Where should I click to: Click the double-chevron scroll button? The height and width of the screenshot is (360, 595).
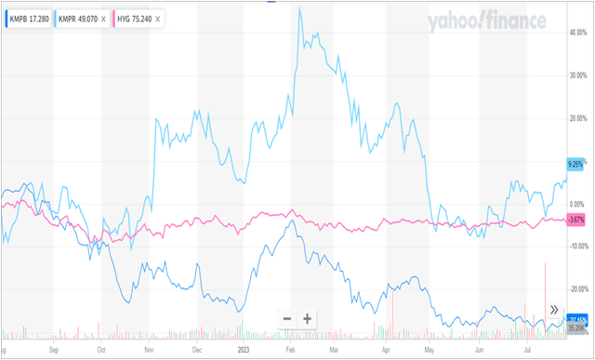pyautogui.click(x=554, y=310)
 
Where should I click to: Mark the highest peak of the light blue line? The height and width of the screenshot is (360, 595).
pyautogui.click(x=299, y=8)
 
